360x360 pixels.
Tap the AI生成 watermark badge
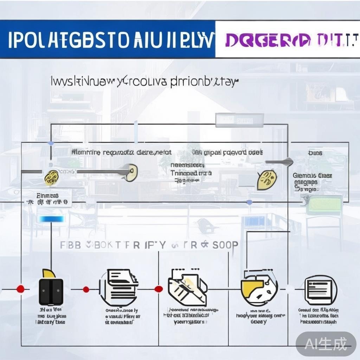tap(326, 343)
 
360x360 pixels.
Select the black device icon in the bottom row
tap(51, 291)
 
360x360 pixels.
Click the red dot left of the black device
tap(21, 289)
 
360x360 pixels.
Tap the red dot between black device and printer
tap(86, 289)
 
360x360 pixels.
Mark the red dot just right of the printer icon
tap(159, 289)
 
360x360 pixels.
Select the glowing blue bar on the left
tap(52, 219)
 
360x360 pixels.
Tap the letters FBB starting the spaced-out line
tap(70, 245)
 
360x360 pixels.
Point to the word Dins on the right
tap(315, 153)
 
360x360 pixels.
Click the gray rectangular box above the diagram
tap(239, 120)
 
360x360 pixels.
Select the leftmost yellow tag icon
tap(51, 177)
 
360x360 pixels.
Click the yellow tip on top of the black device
tap(48, 273)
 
